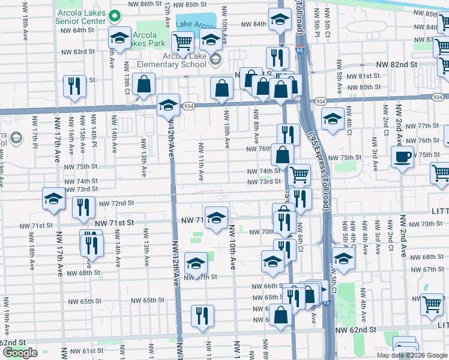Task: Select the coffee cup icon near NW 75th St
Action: tap(402, 157)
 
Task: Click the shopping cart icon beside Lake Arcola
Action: tap(182, 41)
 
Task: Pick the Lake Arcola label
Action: tap(196, 25)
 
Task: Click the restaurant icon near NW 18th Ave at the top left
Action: tap(74, 86)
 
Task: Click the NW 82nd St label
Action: tap(397, 64)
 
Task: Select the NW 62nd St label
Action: tap(356, 330)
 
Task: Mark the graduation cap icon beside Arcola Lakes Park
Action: tap(119, 37)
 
